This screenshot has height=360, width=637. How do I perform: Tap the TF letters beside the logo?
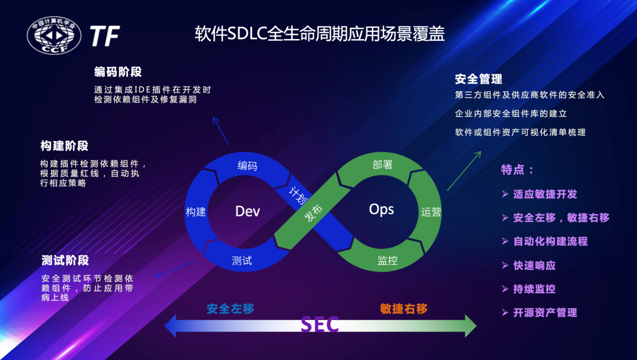coord(105,36)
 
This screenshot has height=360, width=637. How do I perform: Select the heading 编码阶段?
coord(118,72)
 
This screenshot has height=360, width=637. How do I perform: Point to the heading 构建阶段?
coord(64,146)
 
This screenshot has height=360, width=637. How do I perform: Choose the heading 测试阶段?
coord(65,260)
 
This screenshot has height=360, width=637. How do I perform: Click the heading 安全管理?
coord(478,79)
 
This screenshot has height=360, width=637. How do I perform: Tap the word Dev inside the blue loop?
coord(248,211)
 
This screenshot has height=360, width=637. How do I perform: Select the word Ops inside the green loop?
coord(381,209)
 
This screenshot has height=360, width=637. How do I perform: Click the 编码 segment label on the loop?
coord(247,165)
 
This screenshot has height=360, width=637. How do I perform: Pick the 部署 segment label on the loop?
coord(383,165)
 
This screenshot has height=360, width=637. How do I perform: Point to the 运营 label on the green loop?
coord(431,212)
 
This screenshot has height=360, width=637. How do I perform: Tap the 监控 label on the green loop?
coord(387,260)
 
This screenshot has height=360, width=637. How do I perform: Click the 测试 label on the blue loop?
coord(242,260)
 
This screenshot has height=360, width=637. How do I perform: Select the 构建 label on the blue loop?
coord(196,212)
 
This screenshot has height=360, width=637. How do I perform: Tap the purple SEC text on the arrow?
coord(320,325)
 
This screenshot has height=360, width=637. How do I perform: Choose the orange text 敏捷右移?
coord(403,308)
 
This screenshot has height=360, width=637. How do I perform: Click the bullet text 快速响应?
coord(534,265)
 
